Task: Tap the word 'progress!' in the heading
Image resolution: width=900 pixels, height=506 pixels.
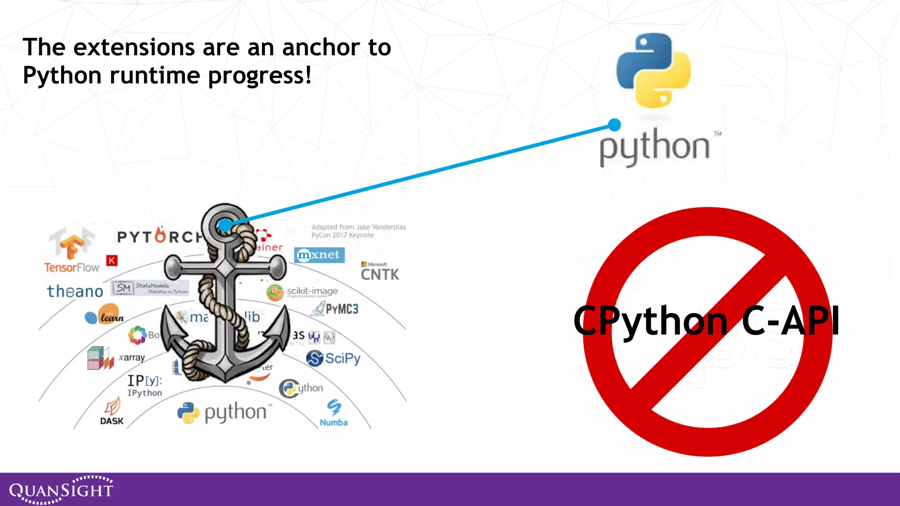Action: coord(259,76)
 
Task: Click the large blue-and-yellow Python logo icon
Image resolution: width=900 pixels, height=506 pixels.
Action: coord(653,70)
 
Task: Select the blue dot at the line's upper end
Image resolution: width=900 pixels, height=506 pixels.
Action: coord(614,125)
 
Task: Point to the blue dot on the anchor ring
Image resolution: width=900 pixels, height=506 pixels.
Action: coord(225,225)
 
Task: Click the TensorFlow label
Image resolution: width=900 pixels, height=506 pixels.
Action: coord(72,267)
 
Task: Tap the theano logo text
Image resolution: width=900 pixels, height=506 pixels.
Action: coord(75,291)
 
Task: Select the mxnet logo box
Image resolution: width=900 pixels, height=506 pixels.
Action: coord(319,255)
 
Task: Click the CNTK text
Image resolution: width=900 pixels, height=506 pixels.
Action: coord(380,275)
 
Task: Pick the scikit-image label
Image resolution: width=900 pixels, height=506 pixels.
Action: coord(312,291)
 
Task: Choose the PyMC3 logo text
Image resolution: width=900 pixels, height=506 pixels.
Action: coord(341,309)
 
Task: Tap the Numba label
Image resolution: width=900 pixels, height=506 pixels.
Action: coord(334,423)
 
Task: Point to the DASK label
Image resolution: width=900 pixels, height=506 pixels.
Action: coord(112,421)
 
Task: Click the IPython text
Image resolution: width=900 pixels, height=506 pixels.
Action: coord(145,393)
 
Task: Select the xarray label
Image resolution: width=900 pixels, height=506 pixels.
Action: coord(132,358)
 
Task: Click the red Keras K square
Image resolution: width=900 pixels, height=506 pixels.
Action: coord(112,260)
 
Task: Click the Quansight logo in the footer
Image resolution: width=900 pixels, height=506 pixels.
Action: coord(61,490)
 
